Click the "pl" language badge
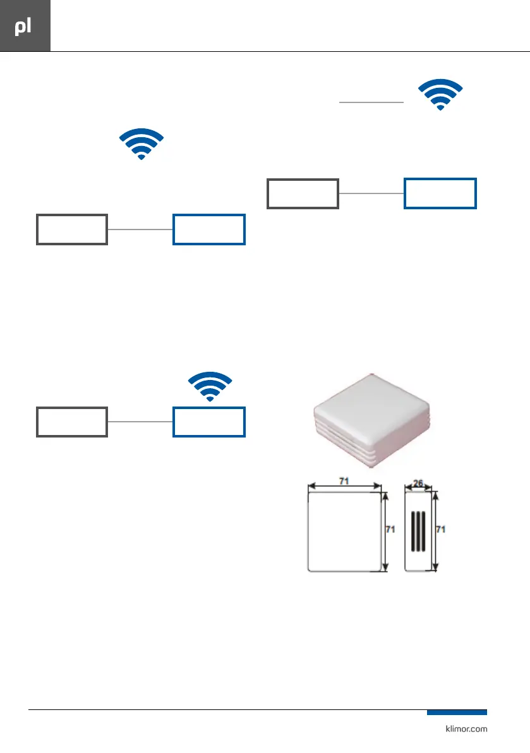click(25, 27)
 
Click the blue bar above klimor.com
click(456, 713)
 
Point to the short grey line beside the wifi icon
click(371, 101)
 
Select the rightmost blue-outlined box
click(440, 193)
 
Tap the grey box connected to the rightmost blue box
click(303, 193)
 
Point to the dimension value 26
click(418, 482)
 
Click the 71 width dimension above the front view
click(345, 482)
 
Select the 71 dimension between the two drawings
click(390, 530)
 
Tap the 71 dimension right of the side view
click(442, 530)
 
